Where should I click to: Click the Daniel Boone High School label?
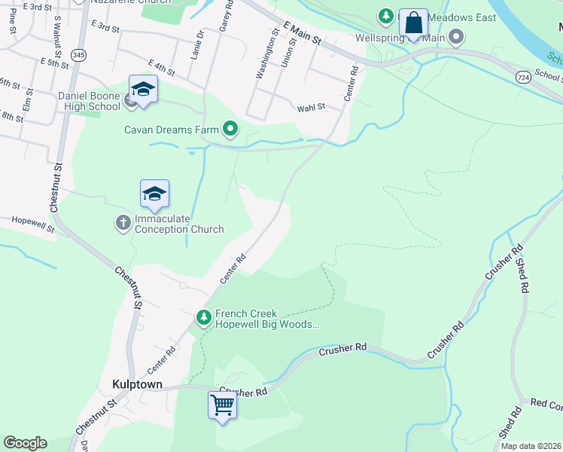point(89,101)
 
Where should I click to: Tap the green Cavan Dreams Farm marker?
point(230,130)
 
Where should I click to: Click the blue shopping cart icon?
point(222,405)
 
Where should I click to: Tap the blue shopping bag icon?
point(413,23)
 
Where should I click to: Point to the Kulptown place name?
point(137,384)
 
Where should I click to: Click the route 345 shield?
point(78,55)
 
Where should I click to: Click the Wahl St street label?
point(311,108)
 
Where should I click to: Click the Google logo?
point(25,443)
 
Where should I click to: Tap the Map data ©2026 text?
point(530,446)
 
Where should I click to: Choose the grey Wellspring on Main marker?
point(456,36)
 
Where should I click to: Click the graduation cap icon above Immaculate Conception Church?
point(154,194)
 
